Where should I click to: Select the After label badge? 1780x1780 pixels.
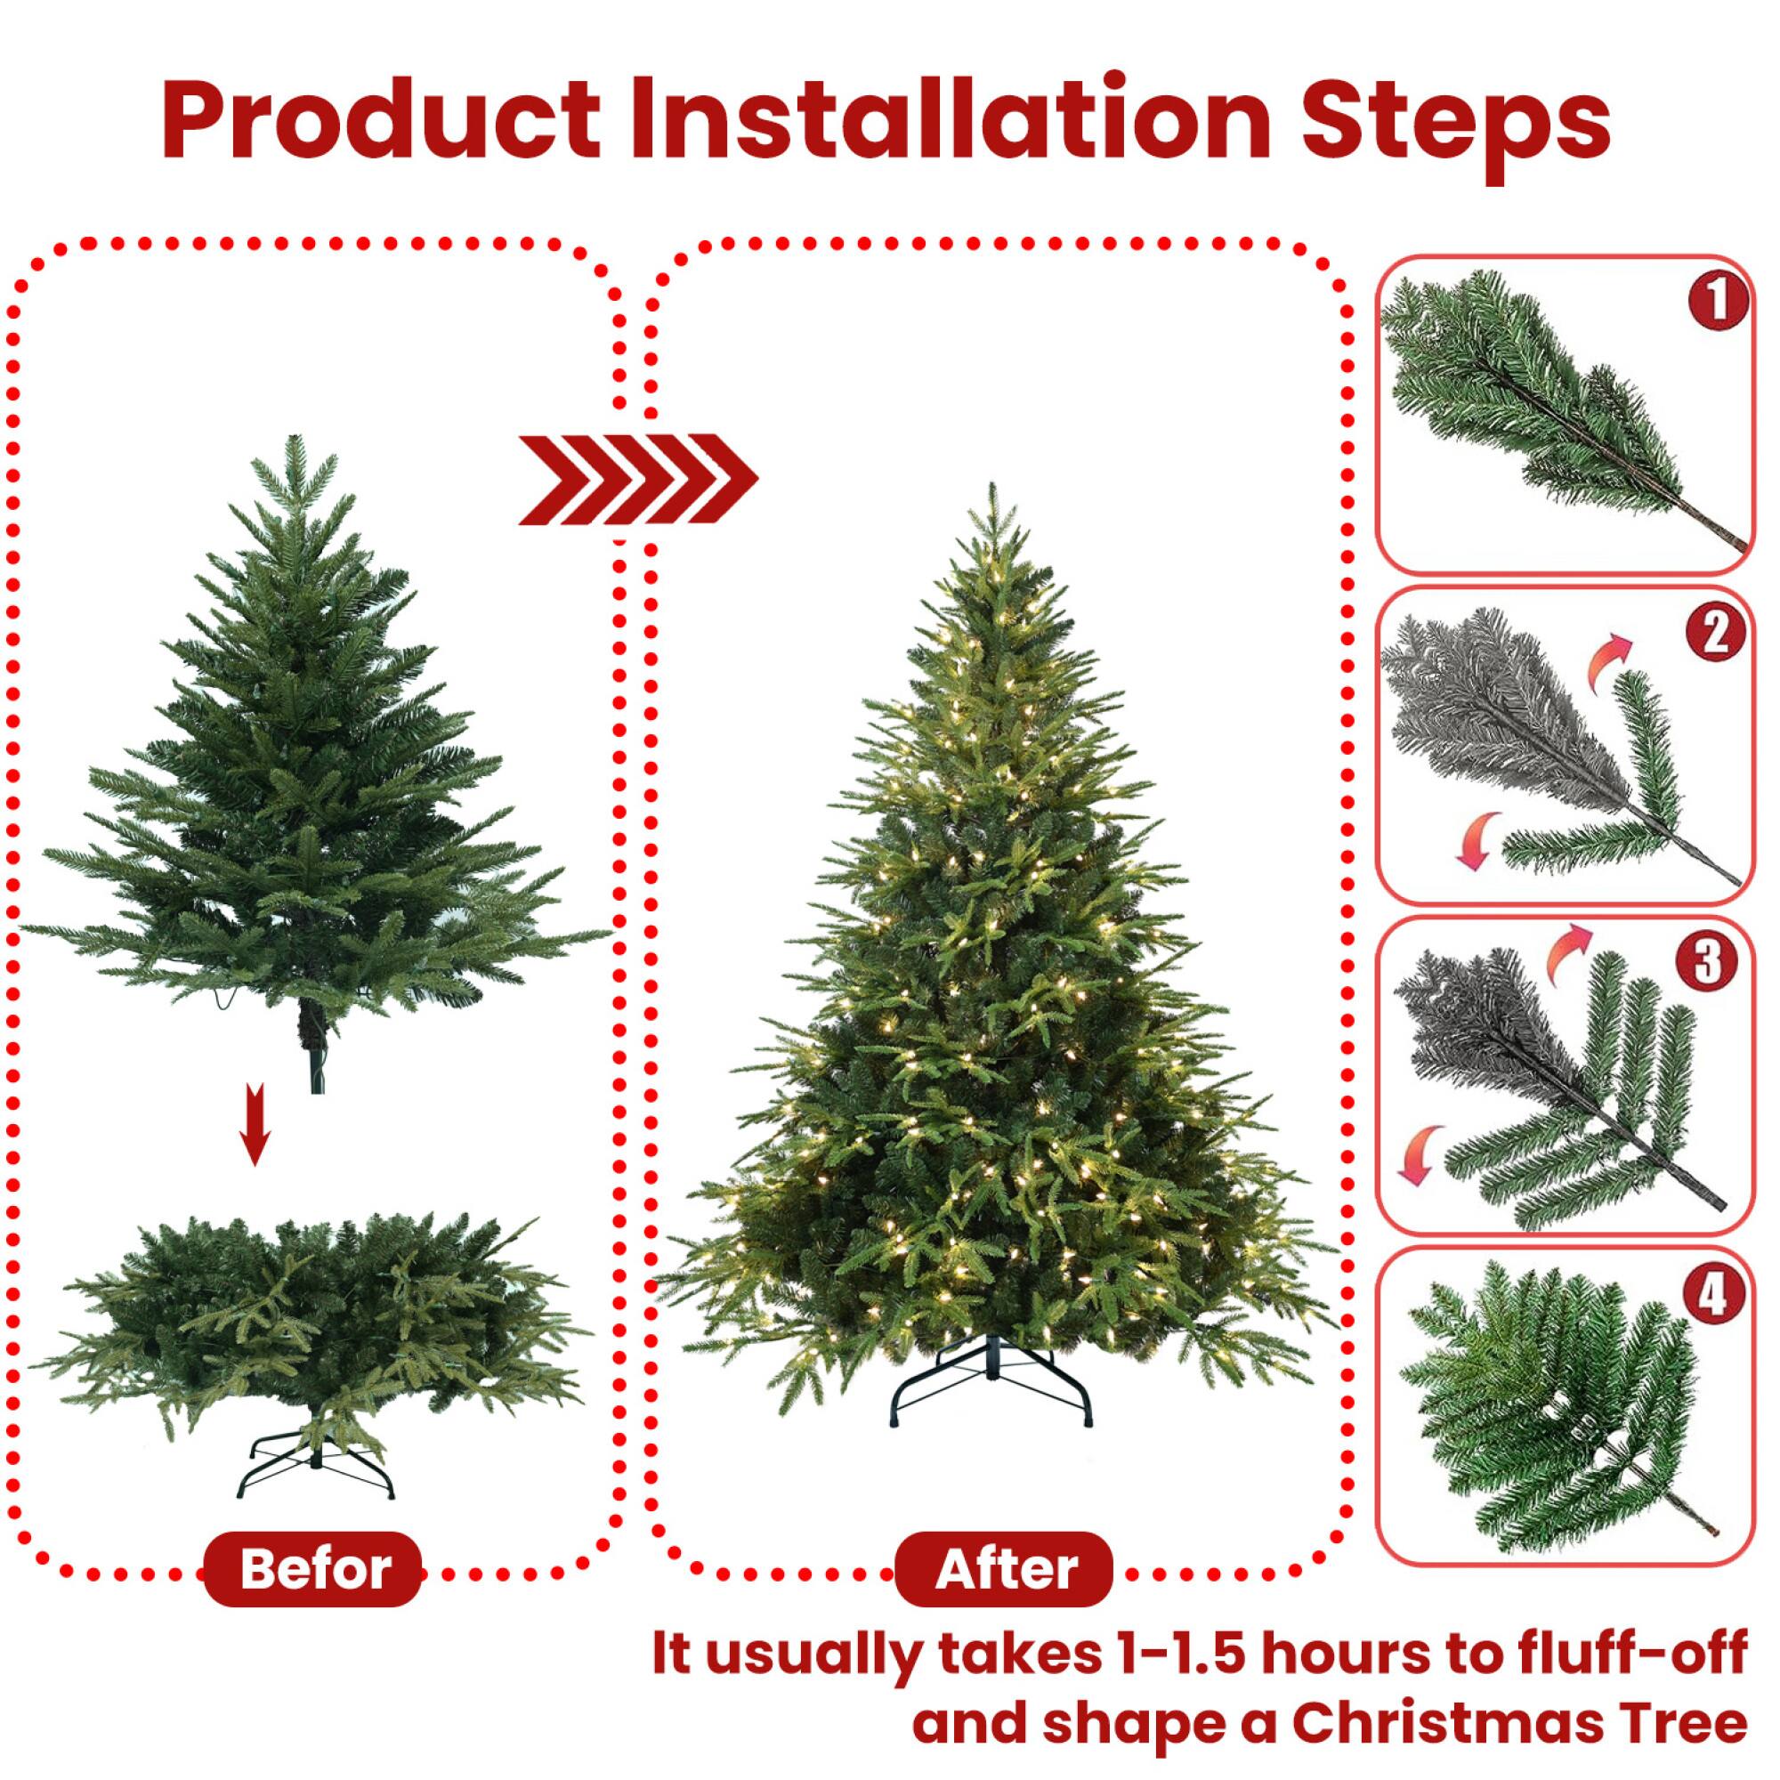[1005, 1568]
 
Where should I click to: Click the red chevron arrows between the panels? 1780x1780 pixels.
[636, 479]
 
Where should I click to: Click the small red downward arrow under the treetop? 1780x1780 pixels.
[255, 1124]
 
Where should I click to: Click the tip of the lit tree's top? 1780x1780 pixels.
[991, 489]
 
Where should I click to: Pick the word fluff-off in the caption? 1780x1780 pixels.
[1630, 1654]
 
